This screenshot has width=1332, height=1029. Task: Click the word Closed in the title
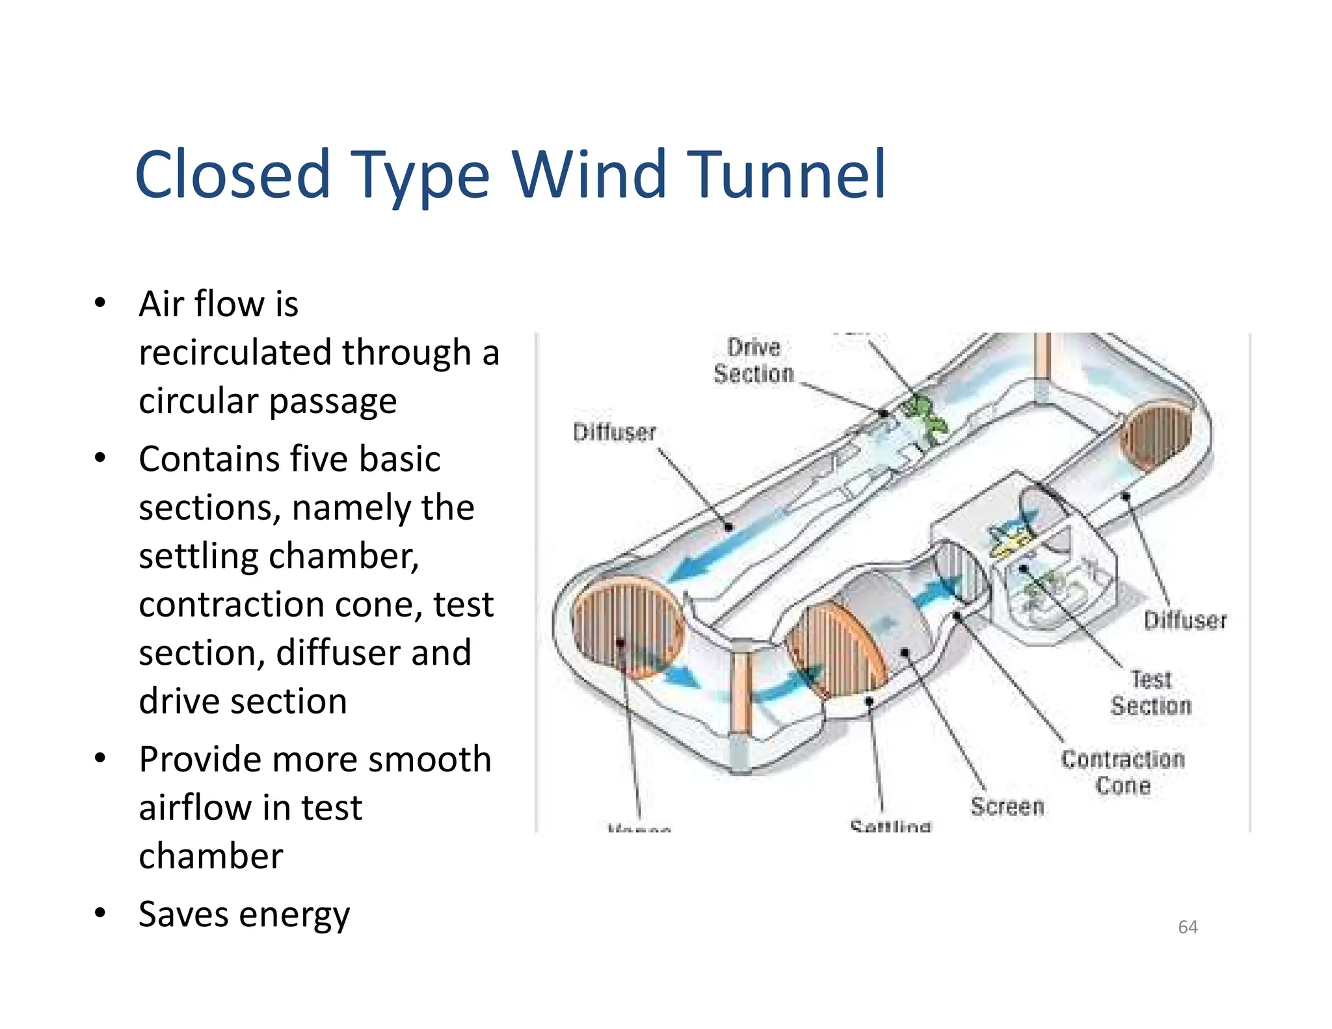click(232, 174)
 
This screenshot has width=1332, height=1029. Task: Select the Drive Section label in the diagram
click(754, 360)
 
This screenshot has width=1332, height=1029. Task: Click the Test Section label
click(1151, 693)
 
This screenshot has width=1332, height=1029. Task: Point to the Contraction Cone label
click(1123, 772)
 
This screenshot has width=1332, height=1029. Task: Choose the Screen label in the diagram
click(1007, 807)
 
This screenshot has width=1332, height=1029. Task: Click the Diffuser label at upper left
click(614, 433)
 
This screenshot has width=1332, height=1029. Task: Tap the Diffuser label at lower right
click(1184, 621)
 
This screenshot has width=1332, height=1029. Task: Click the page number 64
click(1188, 927)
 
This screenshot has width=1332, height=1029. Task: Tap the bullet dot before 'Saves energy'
click(100, 913)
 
